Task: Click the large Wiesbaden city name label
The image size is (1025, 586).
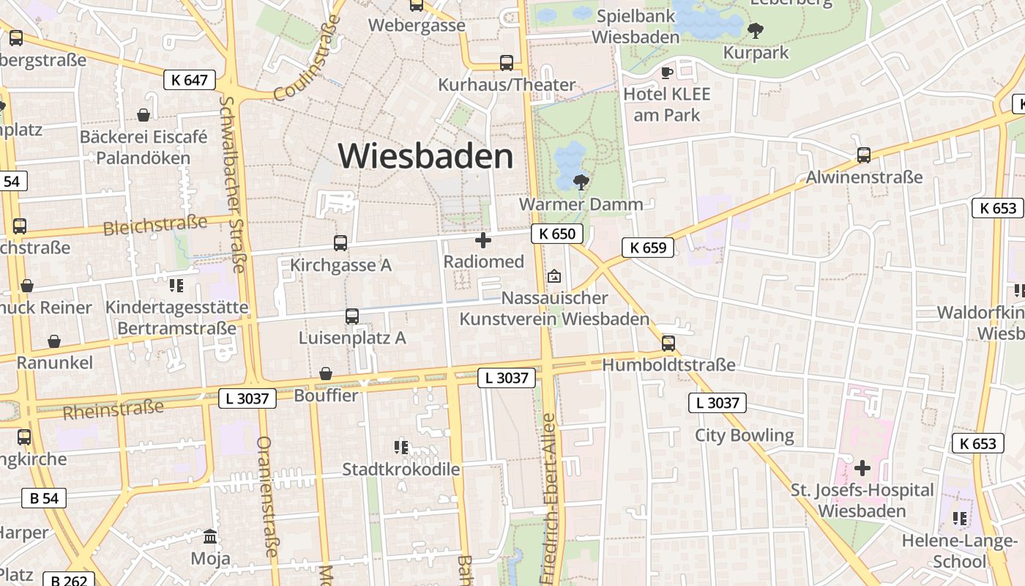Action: pyautogui.click(x=425, y=156)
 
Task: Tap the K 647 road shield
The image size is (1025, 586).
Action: pyautogui.click(x=190, y=80)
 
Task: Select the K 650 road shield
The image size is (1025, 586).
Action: pyautogui.click(x=557, y=234)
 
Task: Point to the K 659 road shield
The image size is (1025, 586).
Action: pyautogui.click(x=648, y=248)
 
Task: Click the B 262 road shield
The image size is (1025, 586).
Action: pyautogui.click(x=69, y=580)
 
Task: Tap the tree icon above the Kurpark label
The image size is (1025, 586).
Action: pyautogui.click(x=755, y=31)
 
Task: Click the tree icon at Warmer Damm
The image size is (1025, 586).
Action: pyautogui.click(x=581, y=182)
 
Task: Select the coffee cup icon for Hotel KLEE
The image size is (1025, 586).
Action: pyautogui.click(x=666, y=73)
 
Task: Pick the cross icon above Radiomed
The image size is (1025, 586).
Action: pyautogui.click(x=483, y=240)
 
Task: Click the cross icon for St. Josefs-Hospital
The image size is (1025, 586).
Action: pyautogui.click(x=862, y=467)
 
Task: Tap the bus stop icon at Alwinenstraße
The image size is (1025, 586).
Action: pyautogui.click(x=864, y=155)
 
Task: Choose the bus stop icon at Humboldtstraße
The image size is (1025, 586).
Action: pyautogui.click(x=668, y=344)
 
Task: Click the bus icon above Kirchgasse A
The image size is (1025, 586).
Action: pyautogui.click(x=340, y=243)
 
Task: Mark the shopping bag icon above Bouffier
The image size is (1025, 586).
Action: pyautogui.click(x=326, y=374)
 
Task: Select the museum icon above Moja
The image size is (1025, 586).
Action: pyautogui.click(x=210, y=537)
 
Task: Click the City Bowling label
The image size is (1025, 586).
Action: pyautogui.click(x=744, y=435)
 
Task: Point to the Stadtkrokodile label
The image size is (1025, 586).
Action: pyautogui.click(x=401, y=469)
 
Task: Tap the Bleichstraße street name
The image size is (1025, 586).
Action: pyautogui.click(x=155, y=226)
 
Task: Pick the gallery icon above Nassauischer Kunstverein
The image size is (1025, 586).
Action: pyautogui.click(x=554, y=276)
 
